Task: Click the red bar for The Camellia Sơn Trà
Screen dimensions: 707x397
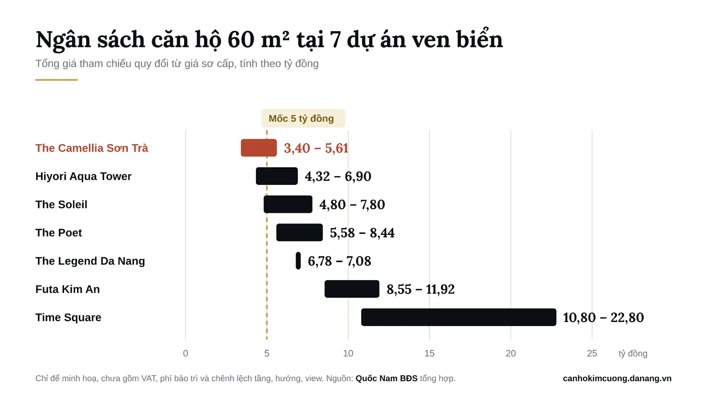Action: [259, 148]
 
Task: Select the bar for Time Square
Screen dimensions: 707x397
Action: [459, 317]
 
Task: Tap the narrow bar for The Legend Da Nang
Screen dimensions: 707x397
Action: [298, 261]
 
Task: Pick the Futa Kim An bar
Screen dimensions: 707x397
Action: [352, 289]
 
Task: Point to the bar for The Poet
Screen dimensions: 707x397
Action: [299, 232]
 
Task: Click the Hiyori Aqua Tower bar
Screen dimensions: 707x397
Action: [277, 176]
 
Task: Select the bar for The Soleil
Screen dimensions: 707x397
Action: [288, 204]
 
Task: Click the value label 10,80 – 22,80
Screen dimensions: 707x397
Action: [604, 317]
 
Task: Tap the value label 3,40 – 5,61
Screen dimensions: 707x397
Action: [316, 148]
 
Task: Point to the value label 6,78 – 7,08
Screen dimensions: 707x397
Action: [340, 261]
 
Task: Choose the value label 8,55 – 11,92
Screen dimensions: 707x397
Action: [421, 289]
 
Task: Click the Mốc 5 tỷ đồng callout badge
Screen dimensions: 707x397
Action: [303, 118]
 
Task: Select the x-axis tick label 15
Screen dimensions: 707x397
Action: [429, 353]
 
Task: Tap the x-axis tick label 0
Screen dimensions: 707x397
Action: [186, 353]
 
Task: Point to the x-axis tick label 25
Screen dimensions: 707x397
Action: [592, 353]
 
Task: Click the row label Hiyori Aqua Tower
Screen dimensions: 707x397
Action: [83, 176]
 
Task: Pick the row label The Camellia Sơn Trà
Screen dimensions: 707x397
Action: [92, 148]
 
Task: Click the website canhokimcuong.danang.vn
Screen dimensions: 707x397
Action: [617, 378]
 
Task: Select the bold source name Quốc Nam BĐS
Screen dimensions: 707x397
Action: [387, 378]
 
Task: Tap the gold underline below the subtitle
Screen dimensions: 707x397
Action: [56, 80]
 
